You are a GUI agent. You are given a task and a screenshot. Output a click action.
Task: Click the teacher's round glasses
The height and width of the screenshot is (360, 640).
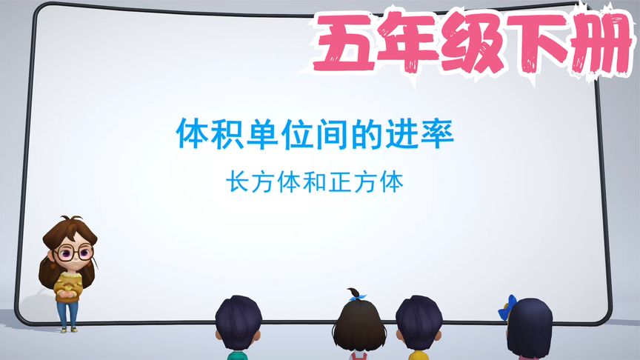(72, 253)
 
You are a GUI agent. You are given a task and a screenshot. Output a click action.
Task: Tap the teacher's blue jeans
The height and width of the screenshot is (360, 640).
(67, 314)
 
